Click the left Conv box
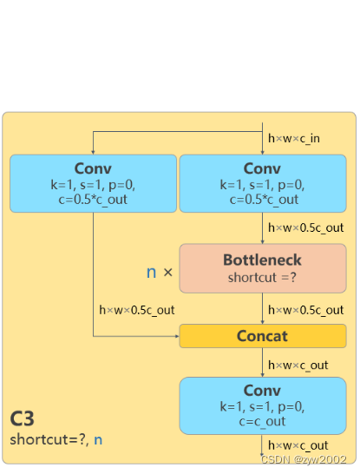point(93,183)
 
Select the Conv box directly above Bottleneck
point(263,183)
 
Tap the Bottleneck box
point(263,268)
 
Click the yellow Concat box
point(263,336)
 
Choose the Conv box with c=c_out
point(263,405)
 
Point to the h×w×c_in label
point(294,138)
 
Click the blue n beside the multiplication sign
point(151,273)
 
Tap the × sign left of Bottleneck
point(168,273)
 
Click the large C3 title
point(22,418)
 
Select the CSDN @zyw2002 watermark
point(304,459)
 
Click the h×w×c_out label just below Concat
point(298,365)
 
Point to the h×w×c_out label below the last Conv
point(298,445)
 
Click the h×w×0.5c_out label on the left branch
point(137,310)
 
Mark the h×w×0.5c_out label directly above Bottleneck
point(306,228)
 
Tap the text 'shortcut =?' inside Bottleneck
point(262,278)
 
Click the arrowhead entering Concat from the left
point(178,336)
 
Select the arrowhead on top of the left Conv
point(93,153)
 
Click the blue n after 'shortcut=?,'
point(98,440)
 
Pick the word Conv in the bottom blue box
point(262,391)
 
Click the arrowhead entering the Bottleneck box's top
point(263,242)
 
